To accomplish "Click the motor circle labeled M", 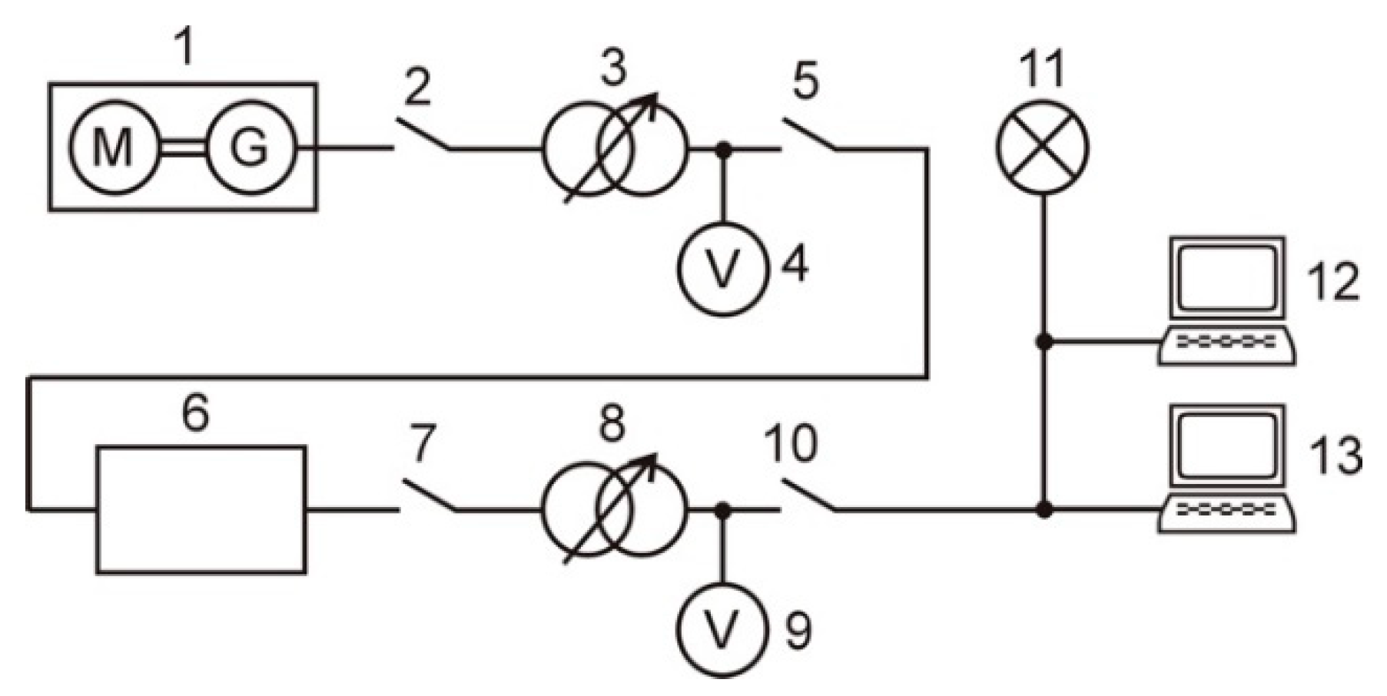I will tap(114, 147).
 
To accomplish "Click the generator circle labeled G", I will tap(251, 147).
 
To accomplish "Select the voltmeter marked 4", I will tap(722, 268).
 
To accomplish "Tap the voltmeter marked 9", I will tap(722, 630).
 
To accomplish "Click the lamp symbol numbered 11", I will tap(1043, 147).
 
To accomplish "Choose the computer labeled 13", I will tap(1228, 469).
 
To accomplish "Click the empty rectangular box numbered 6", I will tap(201, 509).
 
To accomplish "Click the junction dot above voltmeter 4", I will tap(722, 149).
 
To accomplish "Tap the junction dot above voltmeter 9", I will tap(722, 509).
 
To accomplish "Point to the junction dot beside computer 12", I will tap(1044, 341).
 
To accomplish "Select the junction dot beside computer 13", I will tap(1044, 509).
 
